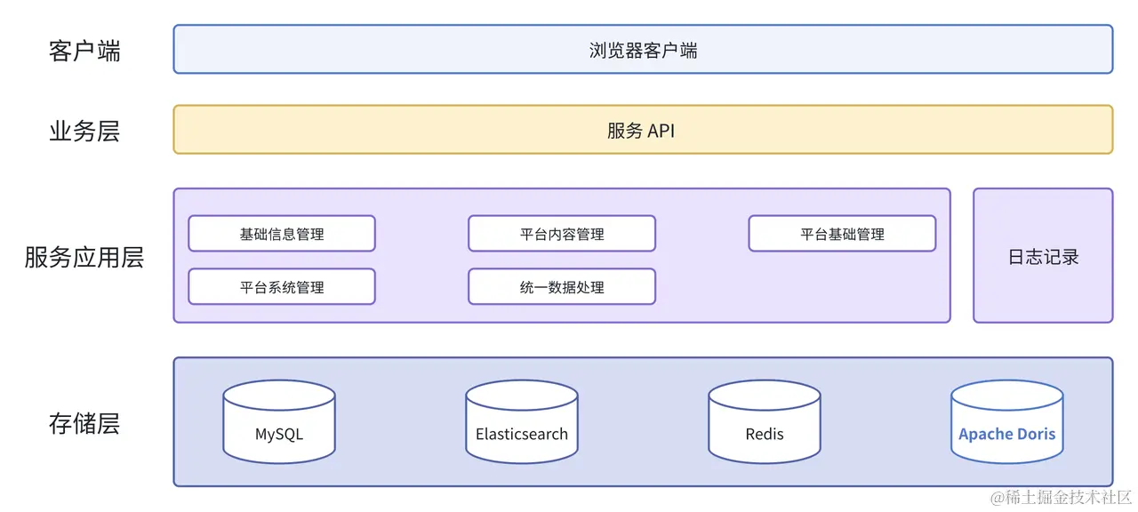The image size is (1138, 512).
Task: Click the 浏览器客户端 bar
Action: pyautogui.click(x=643, y=50)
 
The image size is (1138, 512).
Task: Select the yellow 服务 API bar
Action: pyautogui.click(x=643, y=131)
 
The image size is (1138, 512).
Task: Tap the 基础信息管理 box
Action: pyautogui.click(x=282, y=234)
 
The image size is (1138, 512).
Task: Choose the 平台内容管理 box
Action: pyautogui.click(x=562, y=234)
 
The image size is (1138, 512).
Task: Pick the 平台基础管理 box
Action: pyautogui.click(x=842, y=234)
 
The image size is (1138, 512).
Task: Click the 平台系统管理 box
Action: pyautogui.click(x=282, y=287)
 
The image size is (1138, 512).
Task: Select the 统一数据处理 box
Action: pyautogui.click(x=562, y=287)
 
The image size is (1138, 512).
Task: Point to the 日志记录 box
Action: pyautogui.click(x=1043, y=257)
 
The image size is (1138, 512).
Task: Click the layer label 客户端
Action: pyautogui.click(x=84, y=51)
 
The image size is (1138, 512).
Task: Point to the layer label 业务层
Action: pyautogui.click(x=84, y=132)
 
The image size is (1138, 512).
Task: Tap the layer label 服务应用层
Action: pyautogui.click(x=84, y=258)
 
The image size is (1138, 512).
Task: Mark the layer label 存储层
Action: pyautogui.click(x=84, y=424)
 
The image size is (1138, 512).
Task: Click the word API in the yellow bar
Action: pyautogui.click(x=661, y=131)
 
